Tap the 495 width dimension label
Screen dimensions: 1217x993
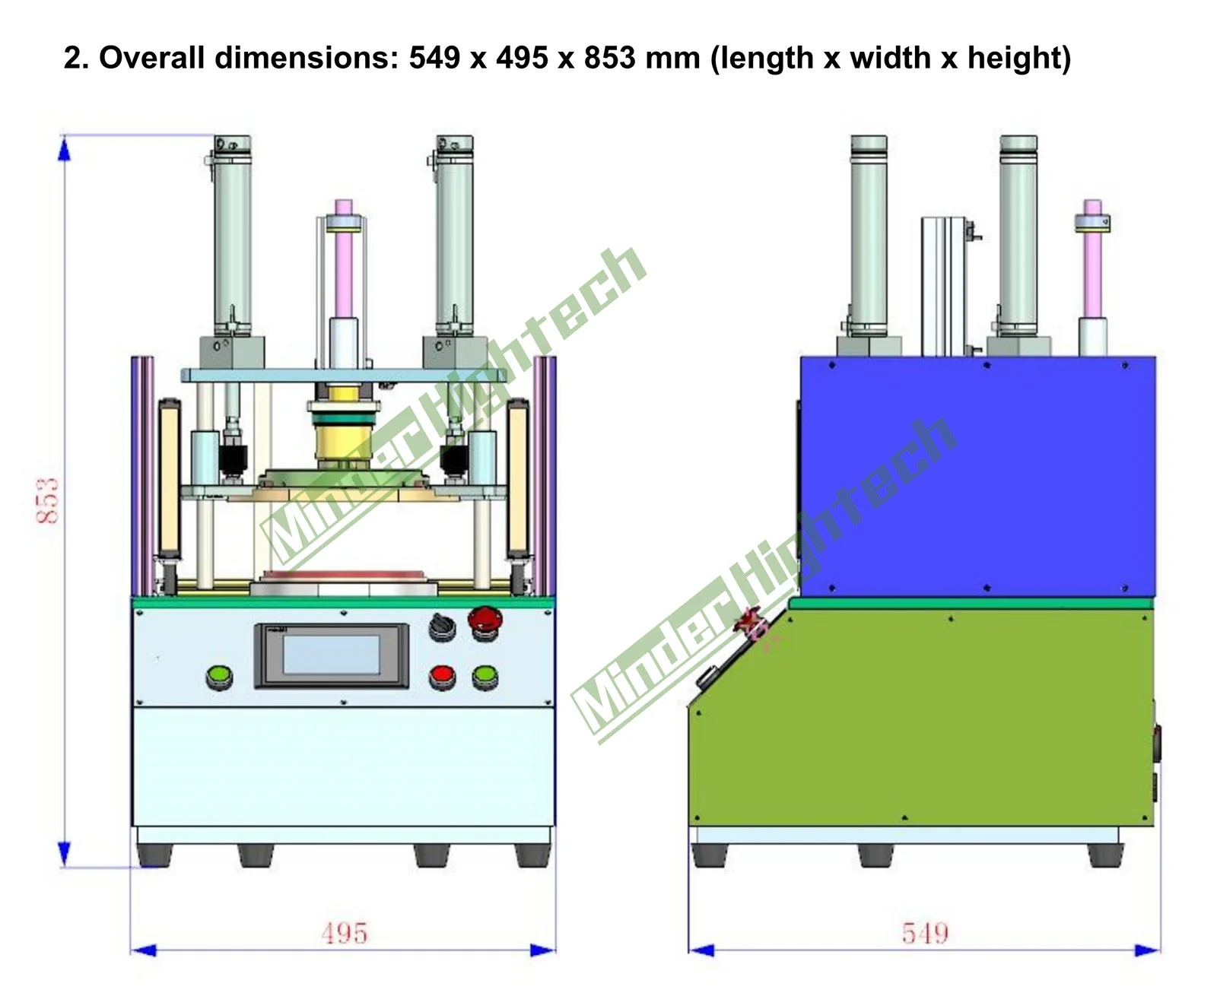click(344, 932)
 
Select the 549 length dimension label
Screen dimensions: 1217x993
click(925, 932)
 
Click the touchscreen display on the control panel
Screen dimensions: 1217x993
click(331, 655)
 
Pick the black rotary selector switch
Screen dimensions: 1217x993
click(442, 627)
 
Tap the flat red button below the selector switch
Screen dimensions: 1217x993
click(442, 676)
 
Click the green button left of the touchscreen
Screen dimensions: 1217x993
click(219, 676)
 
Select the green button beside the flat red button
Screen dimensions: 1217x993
click(485, 676)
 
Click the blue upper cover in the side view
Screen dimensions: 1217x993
click(977, 477)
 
